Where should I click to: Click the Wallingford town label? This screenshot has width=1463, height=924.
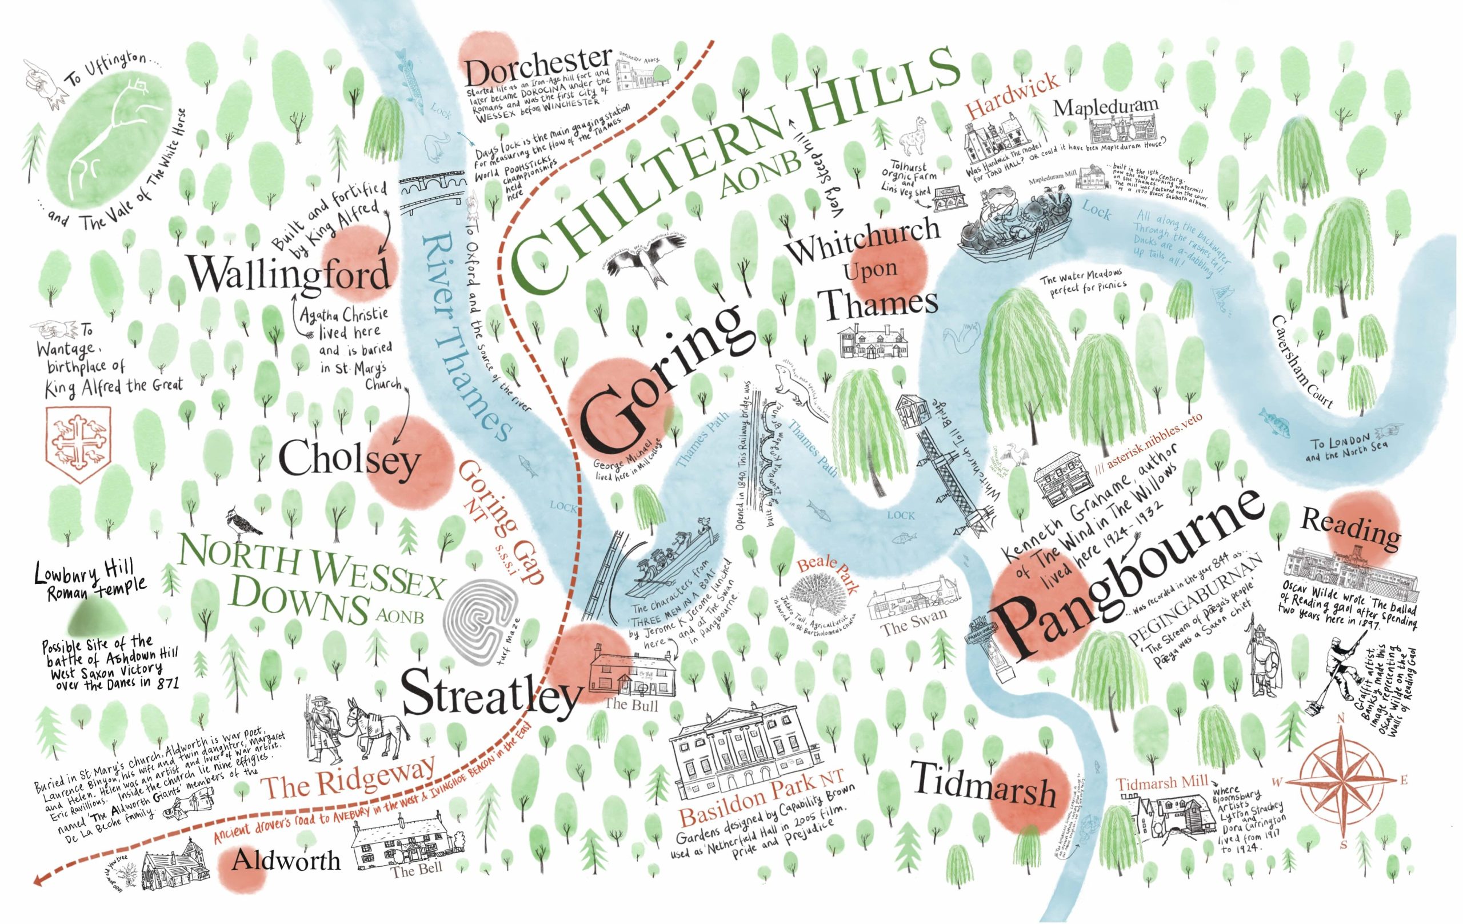(x=289, y=275)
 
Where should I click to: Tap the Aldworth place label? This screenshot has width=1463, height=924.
(x=286, y=860)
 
